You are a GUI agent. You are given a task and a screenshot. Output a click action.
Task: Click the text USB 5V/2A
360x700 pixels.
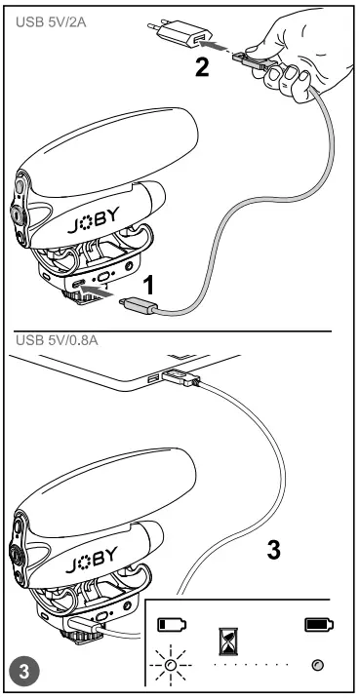[x=46, y=20]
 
